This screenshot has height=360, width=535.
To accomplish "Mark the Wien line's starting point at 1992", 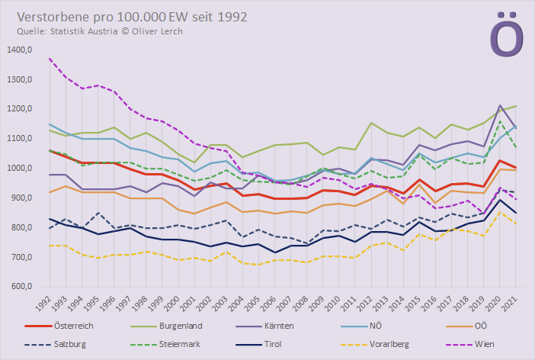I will tap(50, 58).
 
